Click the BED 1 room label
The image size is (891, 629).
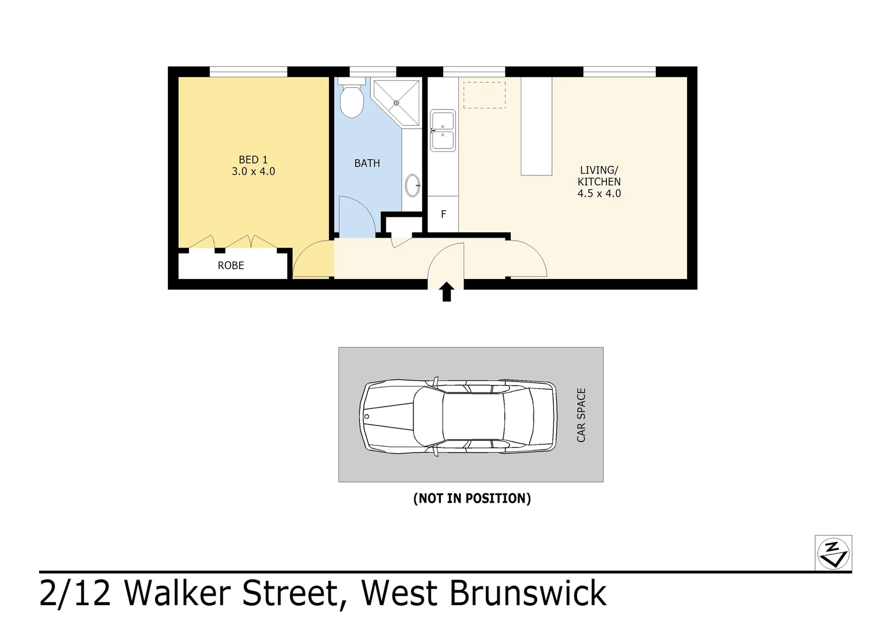[x=253, y=160]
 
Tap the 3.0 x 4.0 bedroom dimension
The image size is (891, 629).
[x=254, y=171]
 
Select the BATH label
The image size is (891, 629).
[x=367, y=163]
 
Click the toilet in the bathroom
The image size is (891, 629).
[x=352, y=98]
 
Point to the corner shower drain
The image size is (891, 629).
[x=396, y=103]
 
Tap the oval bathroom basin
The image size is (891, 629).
[x=412, y=185]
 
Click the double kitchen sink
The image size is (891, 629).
[x=443, y=130]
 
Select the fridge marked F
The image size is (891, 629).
[x=443, y=214]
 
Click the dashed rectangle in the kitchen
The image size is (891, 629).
[x=485, y=95]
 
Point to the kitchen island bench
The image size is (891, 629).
[x=536, y=126]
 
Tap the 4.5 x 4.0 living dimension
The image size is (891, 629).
[x=599, y=193]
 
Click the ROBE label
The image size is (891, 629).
[x=231, y=266]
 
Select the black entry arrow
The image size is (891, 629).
[x=447, y=292]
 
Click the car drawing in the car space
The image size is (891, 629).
[x=458, y=416]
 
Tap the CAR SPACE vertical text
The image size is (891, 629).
[x=581, y=415]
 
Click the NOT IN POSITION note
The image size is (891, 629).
[x=472, y=499]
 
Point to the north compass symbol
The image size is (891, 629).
[x=833, y=553]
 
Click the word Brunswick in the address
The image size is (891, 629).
[x=528, y=593]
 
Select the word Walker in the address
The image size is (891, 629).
[x=177, y=593]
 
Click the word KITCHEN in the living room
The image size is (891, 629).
[x=599, y=182]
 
